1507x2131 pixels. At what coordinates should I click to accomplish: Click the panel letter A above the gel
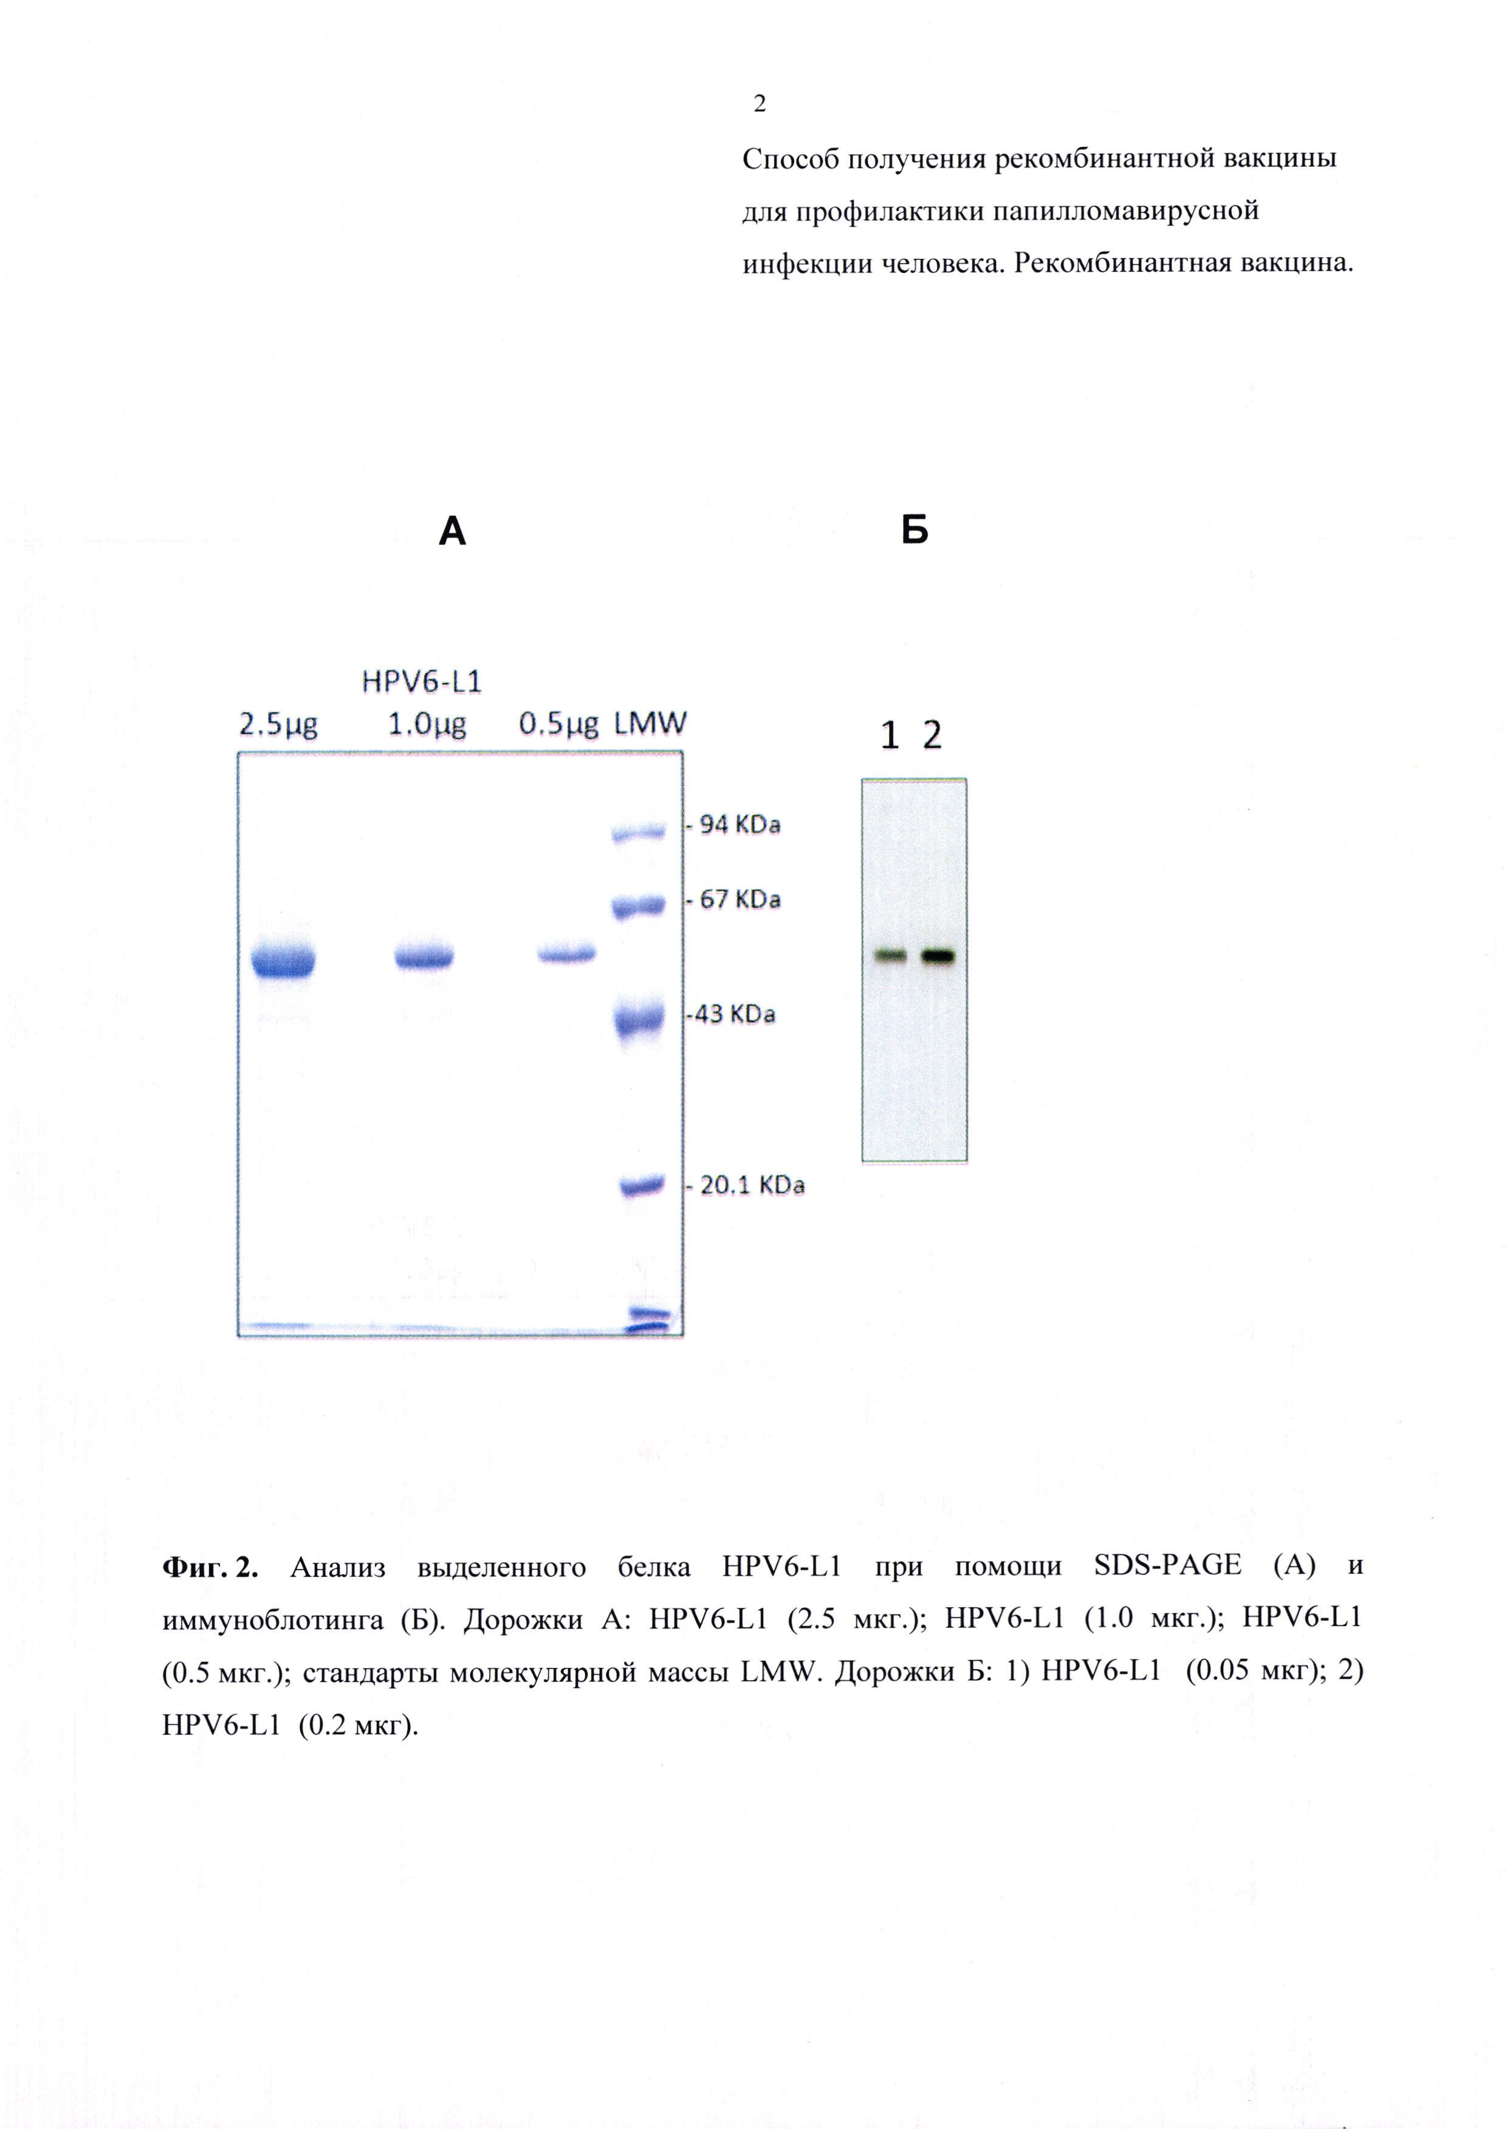(x=452, y=532)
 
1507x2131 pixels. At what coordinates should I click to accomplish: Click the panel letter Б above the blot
(x=915, y=530)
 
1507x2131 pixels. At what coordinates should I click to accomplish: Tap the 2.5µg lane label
(x=278, y=725)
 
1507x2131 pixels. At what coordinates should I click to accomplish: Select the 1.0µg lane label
(x=426, y=725)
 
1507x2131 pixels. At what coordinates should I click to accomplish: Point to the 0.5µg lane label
(x=558, y=725)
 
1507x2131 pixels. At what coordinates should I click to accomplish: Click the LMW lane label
(x=650, y=724)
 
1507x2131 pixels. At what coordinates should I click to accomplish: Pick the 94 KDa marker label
(x=740, y=824)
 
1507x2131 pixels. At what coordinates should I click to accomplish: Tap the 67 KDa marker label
(x=740, y=899)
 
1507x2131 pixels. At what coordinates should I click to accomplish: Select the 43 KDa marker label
(x=733, y=1014)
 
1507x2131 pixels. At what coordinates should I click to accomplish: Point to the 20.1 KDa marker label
(x=752, y=1186)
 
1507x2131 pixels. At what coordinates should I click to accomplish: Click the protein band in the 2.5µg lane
(x=284, y=959)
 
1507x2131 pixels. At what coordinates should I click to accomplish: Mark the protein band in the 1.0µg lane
(x=424, y=956)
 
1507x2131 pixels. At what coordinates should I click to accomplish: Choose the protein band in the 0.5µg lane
(x=567, y=953)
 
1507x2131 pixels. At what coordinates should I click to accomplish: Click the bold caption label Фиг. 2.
(x=210, y=1568)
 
